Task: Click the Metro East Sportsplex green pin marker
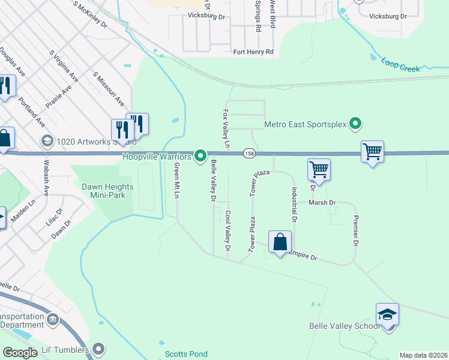click(x=355, y=125)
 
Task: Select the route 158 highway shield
click(x=248, y=154)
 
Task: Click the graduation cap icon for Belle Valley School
click(x=387, y=315)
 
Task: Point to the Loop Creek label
click(x=400, y=65)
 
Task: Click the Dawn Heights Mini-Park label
click(x=108, y=190)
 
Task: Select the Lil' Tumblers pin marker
click(x=98, y=349)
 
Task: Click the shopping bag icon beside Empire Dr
click(x=280, y=242)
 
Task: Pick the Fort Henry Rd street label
click(x=253, y=52)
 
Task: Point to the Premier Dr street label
click(x=355, y=231)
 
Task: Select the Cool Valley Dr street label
click(x=228, y=230)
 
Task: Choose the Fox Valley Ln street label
click(x=226, y=128)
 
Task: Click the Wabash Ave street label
click(x=46, y=177)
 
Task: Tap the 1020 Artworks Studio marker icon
click(x=47, y=141)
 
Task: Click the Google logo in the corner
click(x=20, y=353)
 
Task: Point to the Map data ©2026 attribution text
click(x=423, y=355)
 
